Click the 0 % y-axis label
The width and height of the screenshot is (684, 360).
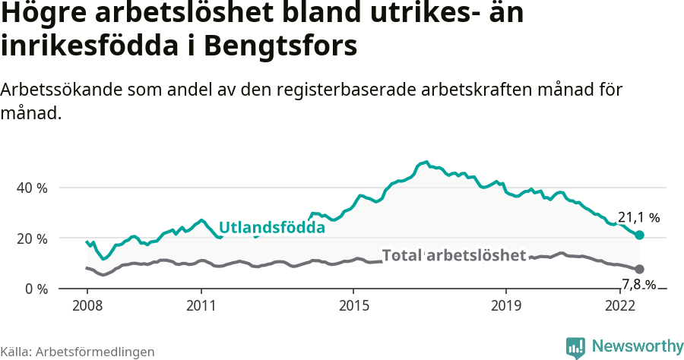(38, 289)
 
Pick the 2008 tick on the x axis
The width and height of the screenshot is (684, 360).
(87, 306)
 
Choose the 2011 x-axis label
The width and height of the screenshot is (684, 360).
(201, 306)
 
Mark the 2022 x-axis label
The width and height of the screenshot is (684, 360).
(620, 306)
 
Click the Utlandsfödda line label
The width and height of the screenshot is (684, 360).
(272, 227)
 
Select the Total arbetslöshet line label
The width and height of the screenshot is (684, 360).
(454, 255)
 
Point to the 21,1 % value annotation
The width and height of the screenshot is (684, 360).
(638, 217)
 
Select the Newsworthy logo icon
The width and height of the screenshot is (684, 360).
(575, 347)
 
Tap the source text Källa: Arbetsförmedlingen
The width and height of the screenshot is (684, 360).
(78, 352)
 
